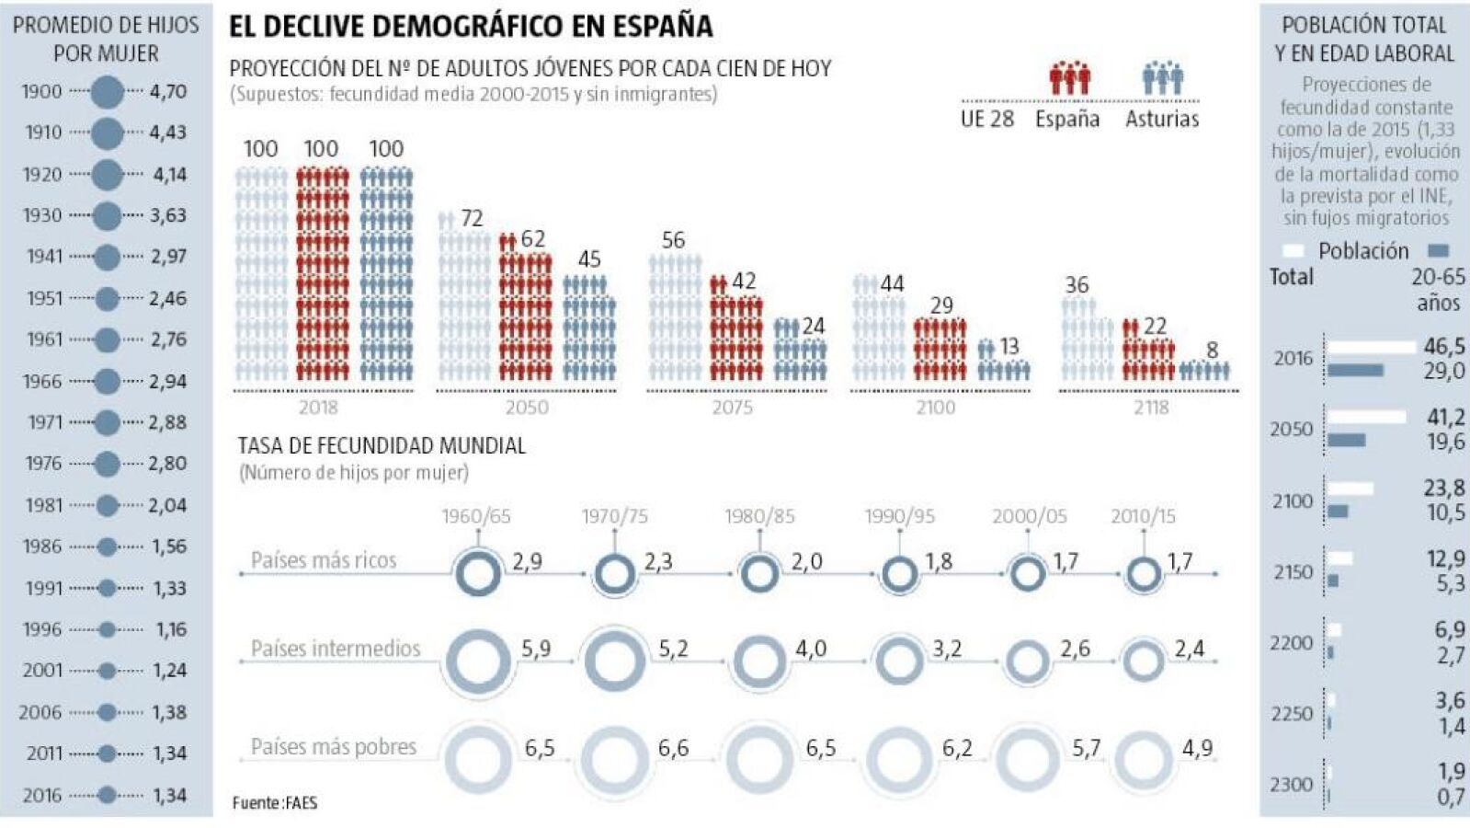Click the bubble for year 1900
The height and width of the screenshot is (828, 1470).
point(108,91)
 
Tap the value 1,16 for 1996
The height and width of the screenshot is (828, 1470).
point(171,629)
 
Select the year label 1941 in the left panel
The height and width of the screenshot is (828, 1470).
point(44,256)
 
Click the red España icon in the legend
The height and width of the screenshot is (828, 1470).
point(1069,78)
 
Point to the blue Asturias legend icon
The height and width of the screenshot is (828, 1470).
point(1162,78)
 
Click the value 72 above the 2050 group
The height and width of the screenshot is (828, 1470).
point(472,218)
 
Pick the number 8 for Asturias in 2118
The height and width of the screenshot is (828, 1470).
point(1212,350)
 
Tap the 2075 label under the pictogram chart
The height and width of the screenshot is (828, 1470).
point(732,407)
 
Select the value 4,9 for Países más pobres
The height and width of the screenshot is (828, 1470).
point(1197,748)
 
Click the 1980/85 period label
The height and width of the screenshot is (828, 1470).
point(759,516)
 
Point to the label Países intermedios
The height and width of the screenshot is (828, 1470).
point(336,649)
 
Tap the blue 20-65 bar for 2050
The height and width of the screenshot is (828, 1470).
point(1347,441)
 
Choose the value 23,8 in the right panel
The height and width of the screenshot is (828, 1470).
point(1444,489)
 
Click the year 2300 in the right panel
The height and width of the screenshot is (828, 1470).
point(1292,785)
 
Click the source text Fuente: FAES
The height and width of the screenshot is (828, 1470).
point(274,803)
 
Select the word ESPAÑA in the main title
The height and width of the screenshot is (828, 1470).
point(656,26)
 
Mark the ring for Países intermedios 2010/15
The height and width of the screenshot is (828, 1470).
point(1144,661)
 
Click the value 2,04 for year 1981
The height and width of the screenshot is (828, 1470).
point(167,505)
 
